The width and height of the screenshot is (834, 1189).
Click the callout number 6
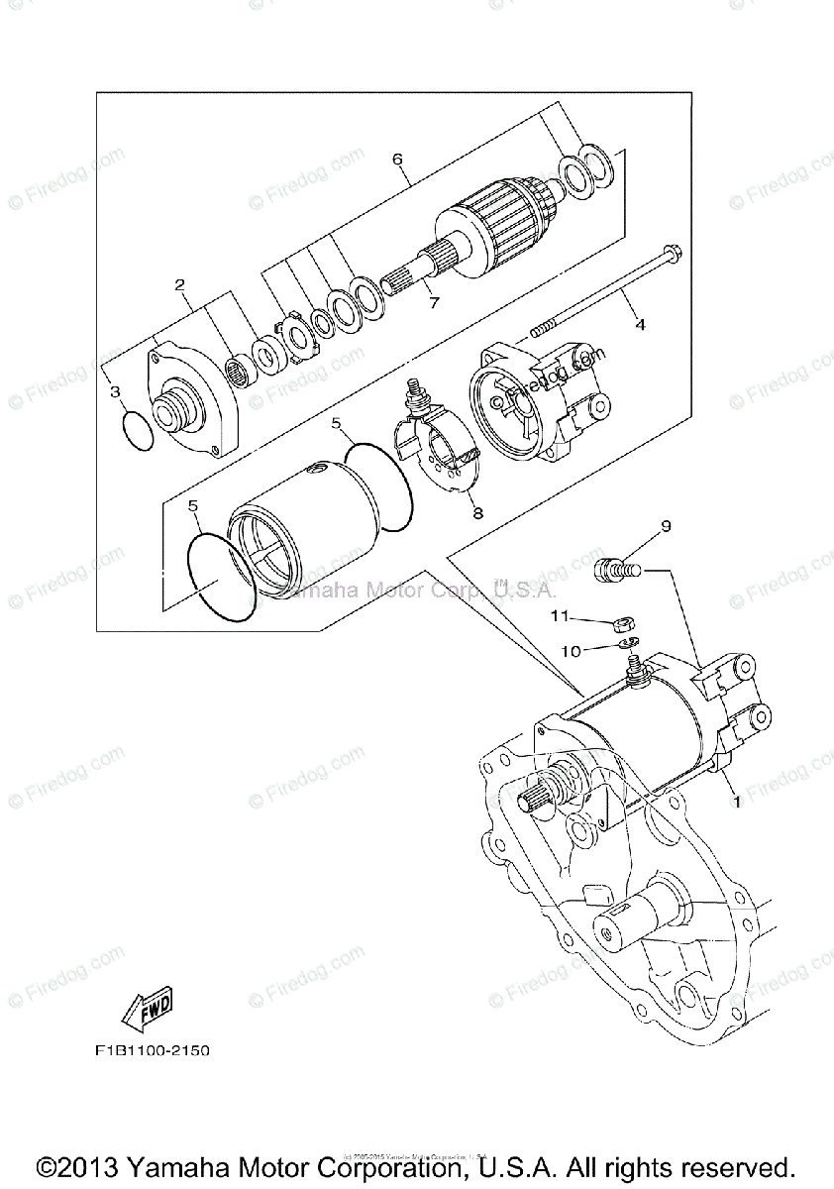396,159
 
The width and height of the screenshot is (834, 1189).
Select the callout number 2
180,285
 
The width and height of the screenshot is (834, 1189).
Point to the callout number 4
640,324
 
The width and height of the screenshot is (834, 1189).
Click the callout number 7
433,304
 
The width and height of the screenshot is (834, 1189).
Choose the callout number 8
477,513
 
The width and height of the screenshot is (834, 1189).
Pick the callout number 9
666,526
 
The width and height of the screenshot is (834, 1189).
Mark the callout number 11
561,616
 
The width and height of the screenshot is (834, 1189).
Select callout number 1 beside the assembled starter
735,802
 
